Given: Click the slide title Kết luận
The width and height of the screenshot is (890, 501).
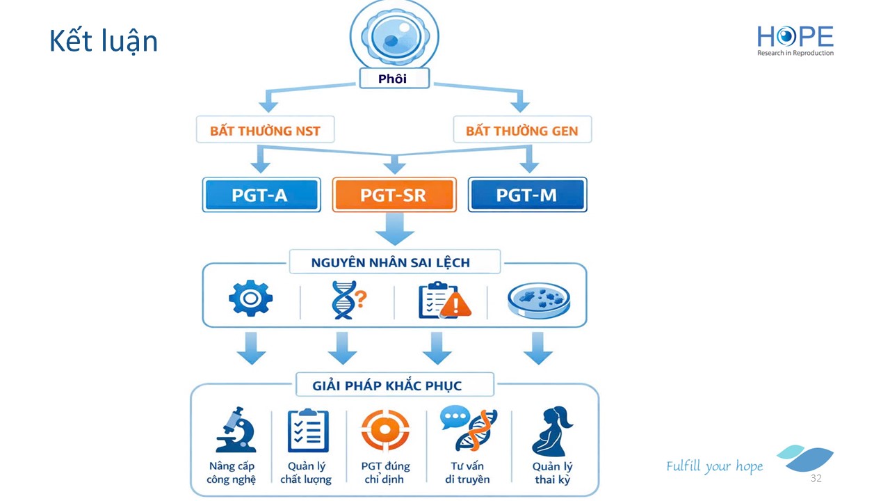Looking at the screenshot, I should click(x=104, y=41).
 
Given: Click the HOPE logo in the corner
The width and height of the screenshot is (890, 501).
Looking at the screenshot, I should click(x=795, y=40).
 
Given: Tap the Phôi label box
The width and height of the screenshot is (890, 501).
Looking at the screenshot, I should click(x=394, y=79).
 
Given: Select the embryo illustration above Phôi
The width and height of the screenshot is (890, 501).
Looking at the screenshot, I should click(x=394, y=34).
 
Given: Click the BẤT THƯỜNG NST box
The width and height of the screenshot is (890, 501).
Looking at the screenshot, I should click(x=265, y=130).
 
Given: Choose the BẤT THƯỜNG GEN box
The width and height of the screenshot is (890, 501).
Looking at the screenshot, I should click(x=521, y=130).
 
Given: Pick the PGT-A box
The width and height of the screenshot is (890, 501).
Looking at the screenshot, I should click(x=261, y=195).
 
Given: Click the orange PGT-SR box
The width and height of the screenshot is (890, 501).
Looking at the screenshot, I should click(x=394, y=195).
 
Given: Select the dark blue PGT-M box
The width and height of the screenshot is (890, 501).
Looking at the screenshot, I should click(x=527, y=195).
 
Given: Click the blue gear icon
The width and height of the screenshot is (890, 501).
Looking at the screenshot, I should click(x=250, y=300).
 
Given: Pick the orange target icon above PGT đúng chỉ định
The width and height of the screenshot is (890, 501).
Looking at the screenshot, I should click(x=385, y=429).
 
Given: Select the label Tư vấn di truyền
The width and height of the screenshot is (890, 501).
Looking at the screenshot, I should click(x=467, y=472).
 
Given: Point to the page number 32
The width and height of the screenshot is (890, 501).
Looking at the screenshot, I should click(x=816, y=479).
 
